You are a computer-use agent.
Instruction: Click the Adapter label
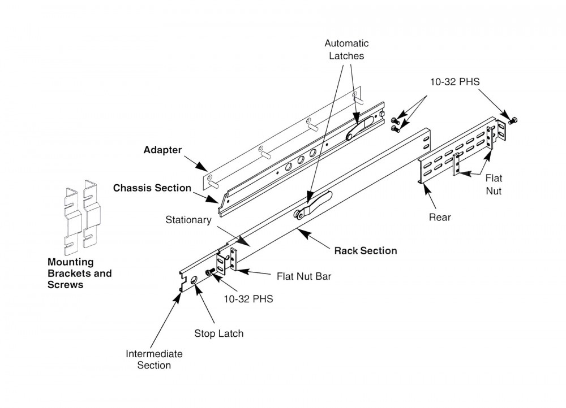[162, 151]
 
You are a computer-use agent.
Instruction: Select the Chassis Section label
[152, 188]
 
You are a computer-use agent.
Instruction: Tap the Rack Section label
[365, 250]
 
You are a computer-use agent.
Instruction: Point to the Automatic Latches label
[347, 49]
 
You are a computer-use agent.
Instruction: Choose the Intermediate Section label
[154, 359]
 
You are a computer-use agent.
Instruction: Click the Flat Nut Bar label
[303, 277]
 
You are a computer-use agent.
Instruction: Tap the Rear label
[440, 218]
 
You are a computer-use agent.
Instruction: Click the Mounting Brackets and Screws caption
[79, 274]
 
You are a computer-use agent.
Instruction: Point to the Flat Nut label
[493, 184]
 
